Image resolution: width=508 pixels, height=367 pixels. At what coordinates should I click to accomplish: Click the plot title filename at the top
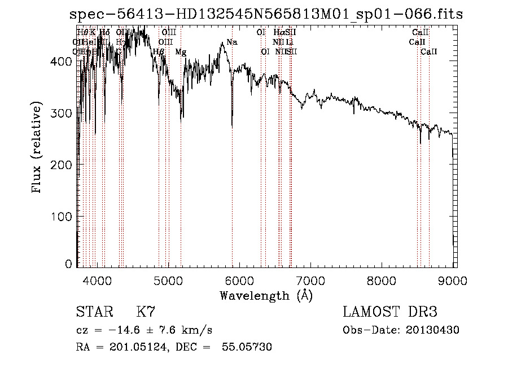point(265,14)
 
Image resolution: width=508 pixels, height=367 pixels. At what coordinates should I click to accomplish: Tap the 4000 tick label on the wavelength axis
point(97,280)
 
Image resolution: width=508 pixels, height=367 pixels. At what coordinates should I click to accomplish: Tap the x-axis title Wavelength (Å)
point(266,295)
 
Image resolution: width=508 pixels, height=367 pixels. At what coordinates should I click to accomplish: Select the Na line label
point(232,42)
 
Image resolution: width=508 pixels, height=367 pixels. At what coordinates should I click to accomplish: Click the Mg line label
point(181,52)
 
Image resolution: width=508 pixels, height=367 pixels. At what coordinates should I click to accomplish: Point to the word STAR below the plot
point(94,312)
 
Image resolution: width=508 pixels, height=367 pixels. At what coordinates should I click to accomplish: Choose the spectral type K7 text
point(145,312)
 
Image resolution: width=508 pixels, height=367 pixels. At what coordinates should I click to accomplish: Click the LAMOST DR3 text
point(389,312)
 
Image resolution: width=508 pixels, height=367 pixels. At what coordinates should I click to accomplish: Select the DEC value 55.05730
point(248,347)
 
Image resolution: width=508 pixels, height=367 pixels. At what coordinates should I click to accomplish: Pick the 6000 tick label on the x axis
point(239,280)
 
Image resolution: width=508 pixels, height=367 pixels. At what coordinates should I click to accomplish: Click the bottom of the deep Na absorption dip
point(232,127)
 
